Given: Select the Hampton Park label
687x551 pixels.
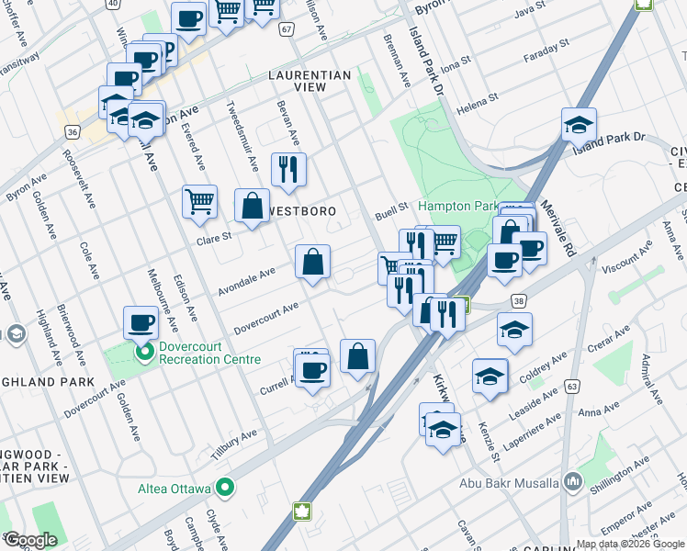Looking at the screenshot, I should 457,207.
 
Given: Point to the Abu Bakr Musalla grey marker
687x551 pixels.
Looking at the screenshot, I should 573,481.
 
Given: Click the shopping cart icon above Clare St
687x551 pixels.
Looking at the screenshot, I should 199,200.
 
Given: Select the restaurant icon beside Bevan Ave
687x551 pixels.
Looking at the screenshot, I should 288,169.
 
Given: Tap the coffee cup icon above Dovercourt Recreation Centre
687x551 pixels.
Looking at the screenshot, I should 141,321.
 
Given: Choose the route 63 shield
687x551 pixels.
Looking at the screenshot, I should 571,388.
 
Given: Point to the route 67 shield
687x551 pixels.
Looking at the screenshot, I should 287,29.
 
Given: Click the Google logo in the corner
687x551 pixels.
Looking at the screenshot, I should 30,541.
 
